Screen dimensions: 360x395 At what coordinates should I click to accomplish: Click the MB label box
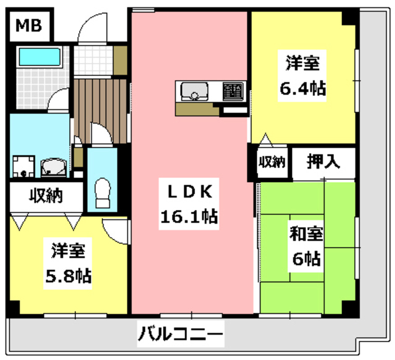[x=29, y=26]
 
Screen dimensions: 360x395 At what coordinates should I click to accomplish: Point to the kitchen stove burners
[x=233, y=91]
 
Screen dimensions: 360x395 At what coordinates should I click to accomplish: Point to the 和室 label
[x=305, y=234]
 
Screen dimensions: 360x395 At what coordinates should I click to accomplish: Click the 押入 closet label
[x=323, y=162]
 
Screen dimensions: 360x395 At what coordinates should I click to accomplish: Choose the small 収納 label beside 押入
[x=272, y=162]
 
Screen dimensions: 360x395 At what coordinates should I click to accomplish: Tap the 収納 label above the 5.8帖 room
[x=45, y=197]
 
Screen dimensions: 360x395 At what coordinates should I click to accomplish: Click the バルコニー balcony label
[x=180, y=337]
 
